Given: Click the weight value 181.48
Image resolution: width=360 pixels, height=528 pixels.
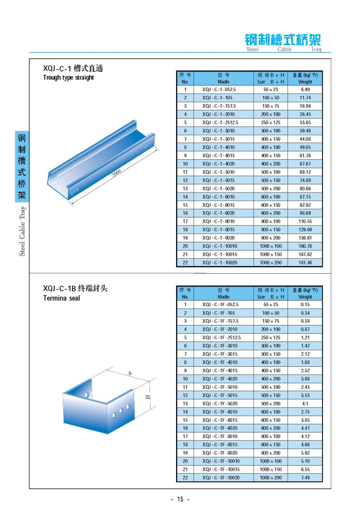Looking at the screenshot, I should pos(305,263).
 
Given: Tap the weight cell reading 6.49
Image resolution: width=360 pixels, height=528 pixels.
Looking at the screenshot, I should pos(305,90).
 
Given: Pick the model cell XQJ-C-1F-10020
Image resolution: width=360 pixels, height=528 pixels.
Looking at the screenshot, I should pos(221,478).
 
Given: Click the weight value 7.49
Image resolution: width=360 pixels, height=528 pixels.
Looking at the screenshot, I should pos(305,478).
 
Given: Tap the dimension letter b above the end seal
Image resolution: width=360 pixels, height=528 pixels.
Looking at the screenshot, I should pos(130,373).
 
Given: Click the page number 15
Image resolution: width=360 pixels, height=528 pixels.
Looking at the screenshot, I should pos(180,499).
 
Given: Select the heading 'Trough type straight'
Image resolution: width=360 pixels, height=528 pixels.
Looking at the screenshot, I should pos(69,78).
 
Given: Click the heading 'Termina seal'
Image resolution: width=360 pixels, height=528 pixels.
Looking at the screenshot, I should pos(61,298).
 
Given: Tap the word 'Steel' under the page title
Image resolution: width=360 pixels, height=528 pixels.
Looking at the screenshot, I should pos(252,49).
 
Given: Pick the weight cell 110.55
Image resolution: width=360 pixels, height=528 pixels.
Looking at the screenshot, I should pos(305,221).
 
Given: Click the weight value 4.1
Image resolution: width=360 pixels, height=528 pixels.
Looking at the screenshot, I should pos(305,404).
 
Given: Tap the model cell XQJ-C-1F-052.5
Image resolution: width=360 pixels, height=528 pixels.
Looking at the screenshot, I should pos(220,305).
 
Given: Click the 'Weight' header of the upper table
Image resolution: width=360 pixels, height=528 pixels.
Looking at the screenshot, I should pos(305,82).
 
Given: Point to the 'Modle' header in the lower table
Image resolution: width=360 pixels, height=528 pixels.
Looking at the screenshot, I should pos(224,297).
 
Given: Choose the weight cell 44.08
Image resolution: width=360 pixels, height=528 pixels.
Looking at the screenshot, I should pos(305,139).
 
